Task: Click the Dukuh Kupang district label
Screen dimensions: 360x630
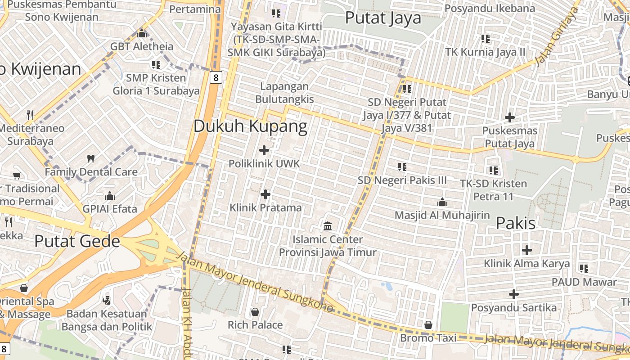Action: tap(250, 126)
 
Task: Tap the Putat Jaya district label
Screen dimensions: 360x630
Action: tap(383, 18)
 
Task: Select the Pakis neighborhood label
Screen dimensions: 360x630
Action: tap(516, 223)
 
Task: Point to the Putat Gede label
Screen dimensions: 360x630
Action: tap(77, 241)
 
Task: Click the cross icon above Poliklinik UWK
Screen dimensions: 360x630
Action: tap(264, 150)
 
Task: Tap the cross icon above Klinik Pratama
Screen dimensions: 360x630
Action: tap(265, 194)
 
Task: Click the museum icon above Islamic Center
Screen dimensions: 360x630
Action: tap(328, 225)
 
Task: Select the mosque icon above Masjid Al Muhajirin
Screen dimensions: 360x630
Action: tap(442, 202)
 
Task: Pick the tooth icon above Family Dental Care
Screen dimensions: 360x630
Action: tap(91, 158)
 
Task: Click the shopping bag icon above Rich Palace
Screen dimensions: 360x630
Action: tap(255, 312)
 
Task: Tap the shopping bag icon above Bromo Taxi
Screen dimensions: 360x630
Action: tap(428, 324)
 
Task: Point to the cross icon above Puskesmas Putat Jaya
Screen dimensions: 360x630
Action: tap(509, 118)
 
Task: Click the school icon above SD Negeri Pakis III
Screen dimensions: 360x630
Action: tap(402, 167)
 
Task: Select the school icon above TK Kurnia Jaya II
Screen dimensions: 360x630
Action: tap(485, 39)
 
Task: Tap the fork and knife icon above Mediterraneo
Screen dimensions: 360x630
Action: tap(30, 115)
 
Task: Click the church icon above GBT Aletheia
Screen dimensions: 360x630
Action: tap(142, 33)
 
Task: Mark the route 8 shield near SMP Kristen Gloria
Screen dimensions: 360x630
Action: tap(216, 77)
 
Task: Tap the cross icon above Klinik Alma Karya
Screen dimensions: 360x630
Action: tap(526, 250)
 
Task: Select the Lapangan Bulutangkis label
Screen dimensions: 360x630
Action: tap(284, 93)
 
